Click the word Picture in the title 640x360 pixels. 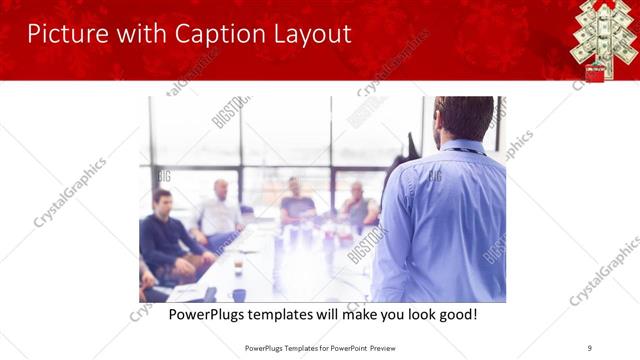tap(62, 34)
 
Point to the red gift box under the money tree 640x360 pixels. tap(595, 73)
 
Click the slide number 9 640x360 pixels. tap(589, 347)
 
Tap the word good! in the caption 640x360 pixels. tap(456, 315)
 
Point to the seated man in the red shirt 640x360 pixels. tap(357, 205)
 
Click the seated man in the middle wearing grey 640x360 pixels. tap(296, 200)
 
